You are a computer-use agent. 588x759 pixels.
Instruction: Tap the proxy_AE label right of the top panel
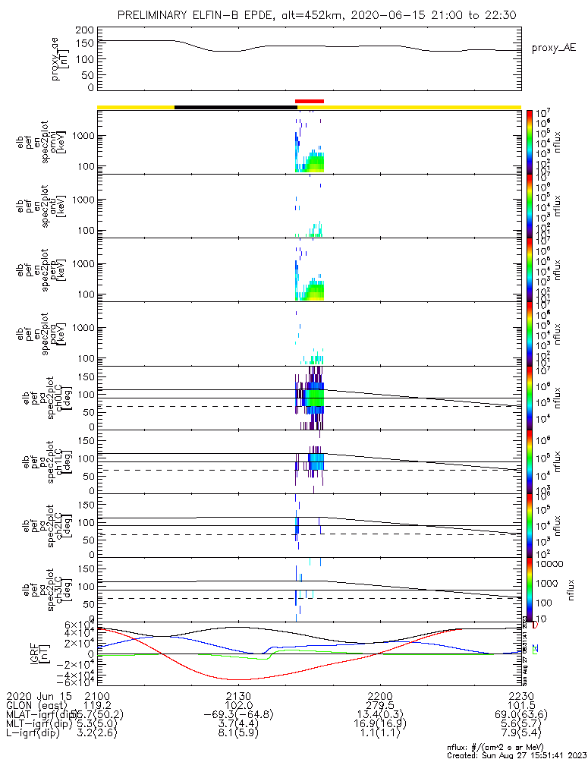coord(555,47)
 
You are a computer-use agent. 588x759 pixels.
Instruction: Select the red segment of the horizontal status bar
coord(310,101)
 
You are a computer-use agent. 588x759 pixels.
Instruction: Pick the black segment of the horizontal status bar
coord(235,107)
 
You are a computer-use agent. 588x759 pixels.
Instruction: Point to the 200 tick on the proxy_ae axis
coord(85,30)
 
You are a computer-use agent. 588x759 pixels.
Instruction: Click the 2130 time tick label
coord(238,696)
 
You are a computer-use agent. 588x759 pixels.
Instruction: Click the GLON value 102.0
coord(238,706)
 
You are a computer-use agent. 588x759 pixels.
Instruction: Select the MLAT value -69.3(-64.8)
coord(238,716)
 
